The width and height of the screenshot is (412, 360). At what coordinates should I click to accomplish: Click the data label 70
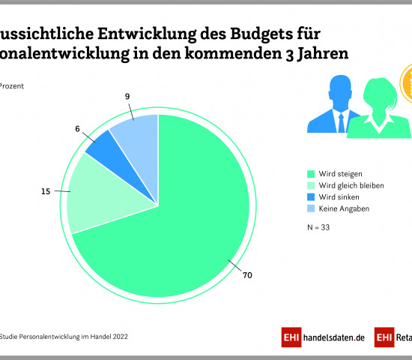click(x=247, y=275)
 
